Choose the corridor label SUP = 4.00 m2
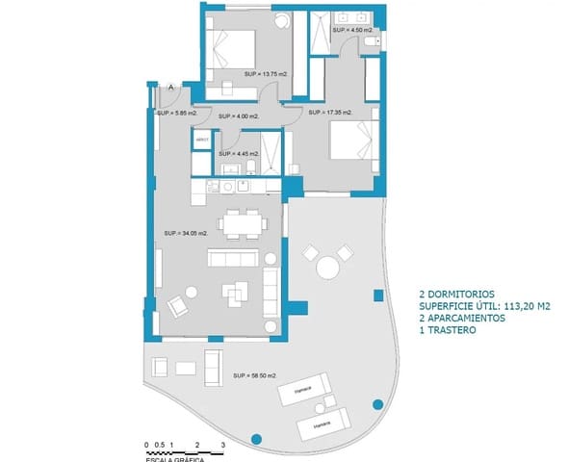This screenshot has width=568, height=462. (x=238, y=115)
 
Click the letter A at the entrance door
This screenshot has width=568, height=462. (x=170, y=88)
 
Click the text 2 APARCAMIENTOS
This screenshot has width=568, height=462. (x=465, y=319)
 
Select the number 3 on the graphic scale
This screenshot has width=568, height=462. (x=222, y=445)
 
